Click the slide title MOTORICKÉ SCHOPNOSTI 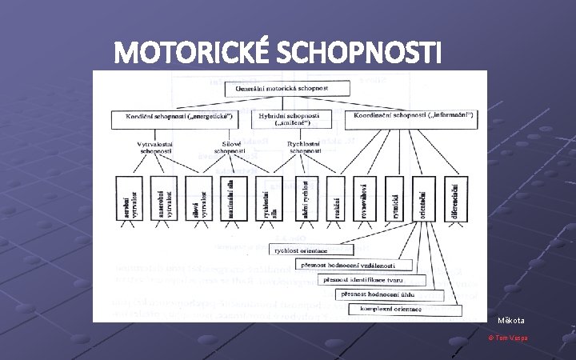278,53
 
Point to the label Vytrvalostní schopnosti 154,146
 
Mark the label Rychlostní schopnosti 305,146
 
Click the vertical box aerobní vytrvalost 130,198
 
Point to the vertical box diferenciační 456,198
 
